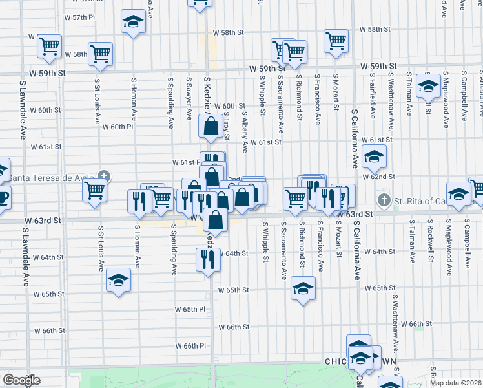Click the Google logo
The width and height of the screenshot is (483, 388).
[21, 380]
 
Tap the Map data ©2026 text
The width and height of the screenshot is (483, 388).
[455, 383]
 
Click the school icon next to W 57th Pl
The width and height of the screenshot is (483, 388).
[133, 22]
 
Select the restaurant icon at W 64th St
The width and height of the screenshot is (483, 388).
[208, 260]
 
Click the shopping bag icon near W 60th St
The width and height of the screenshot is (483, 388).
[211, 126]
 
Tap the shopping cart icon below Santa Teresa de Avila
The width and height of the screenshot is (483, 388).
[95, 191]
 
